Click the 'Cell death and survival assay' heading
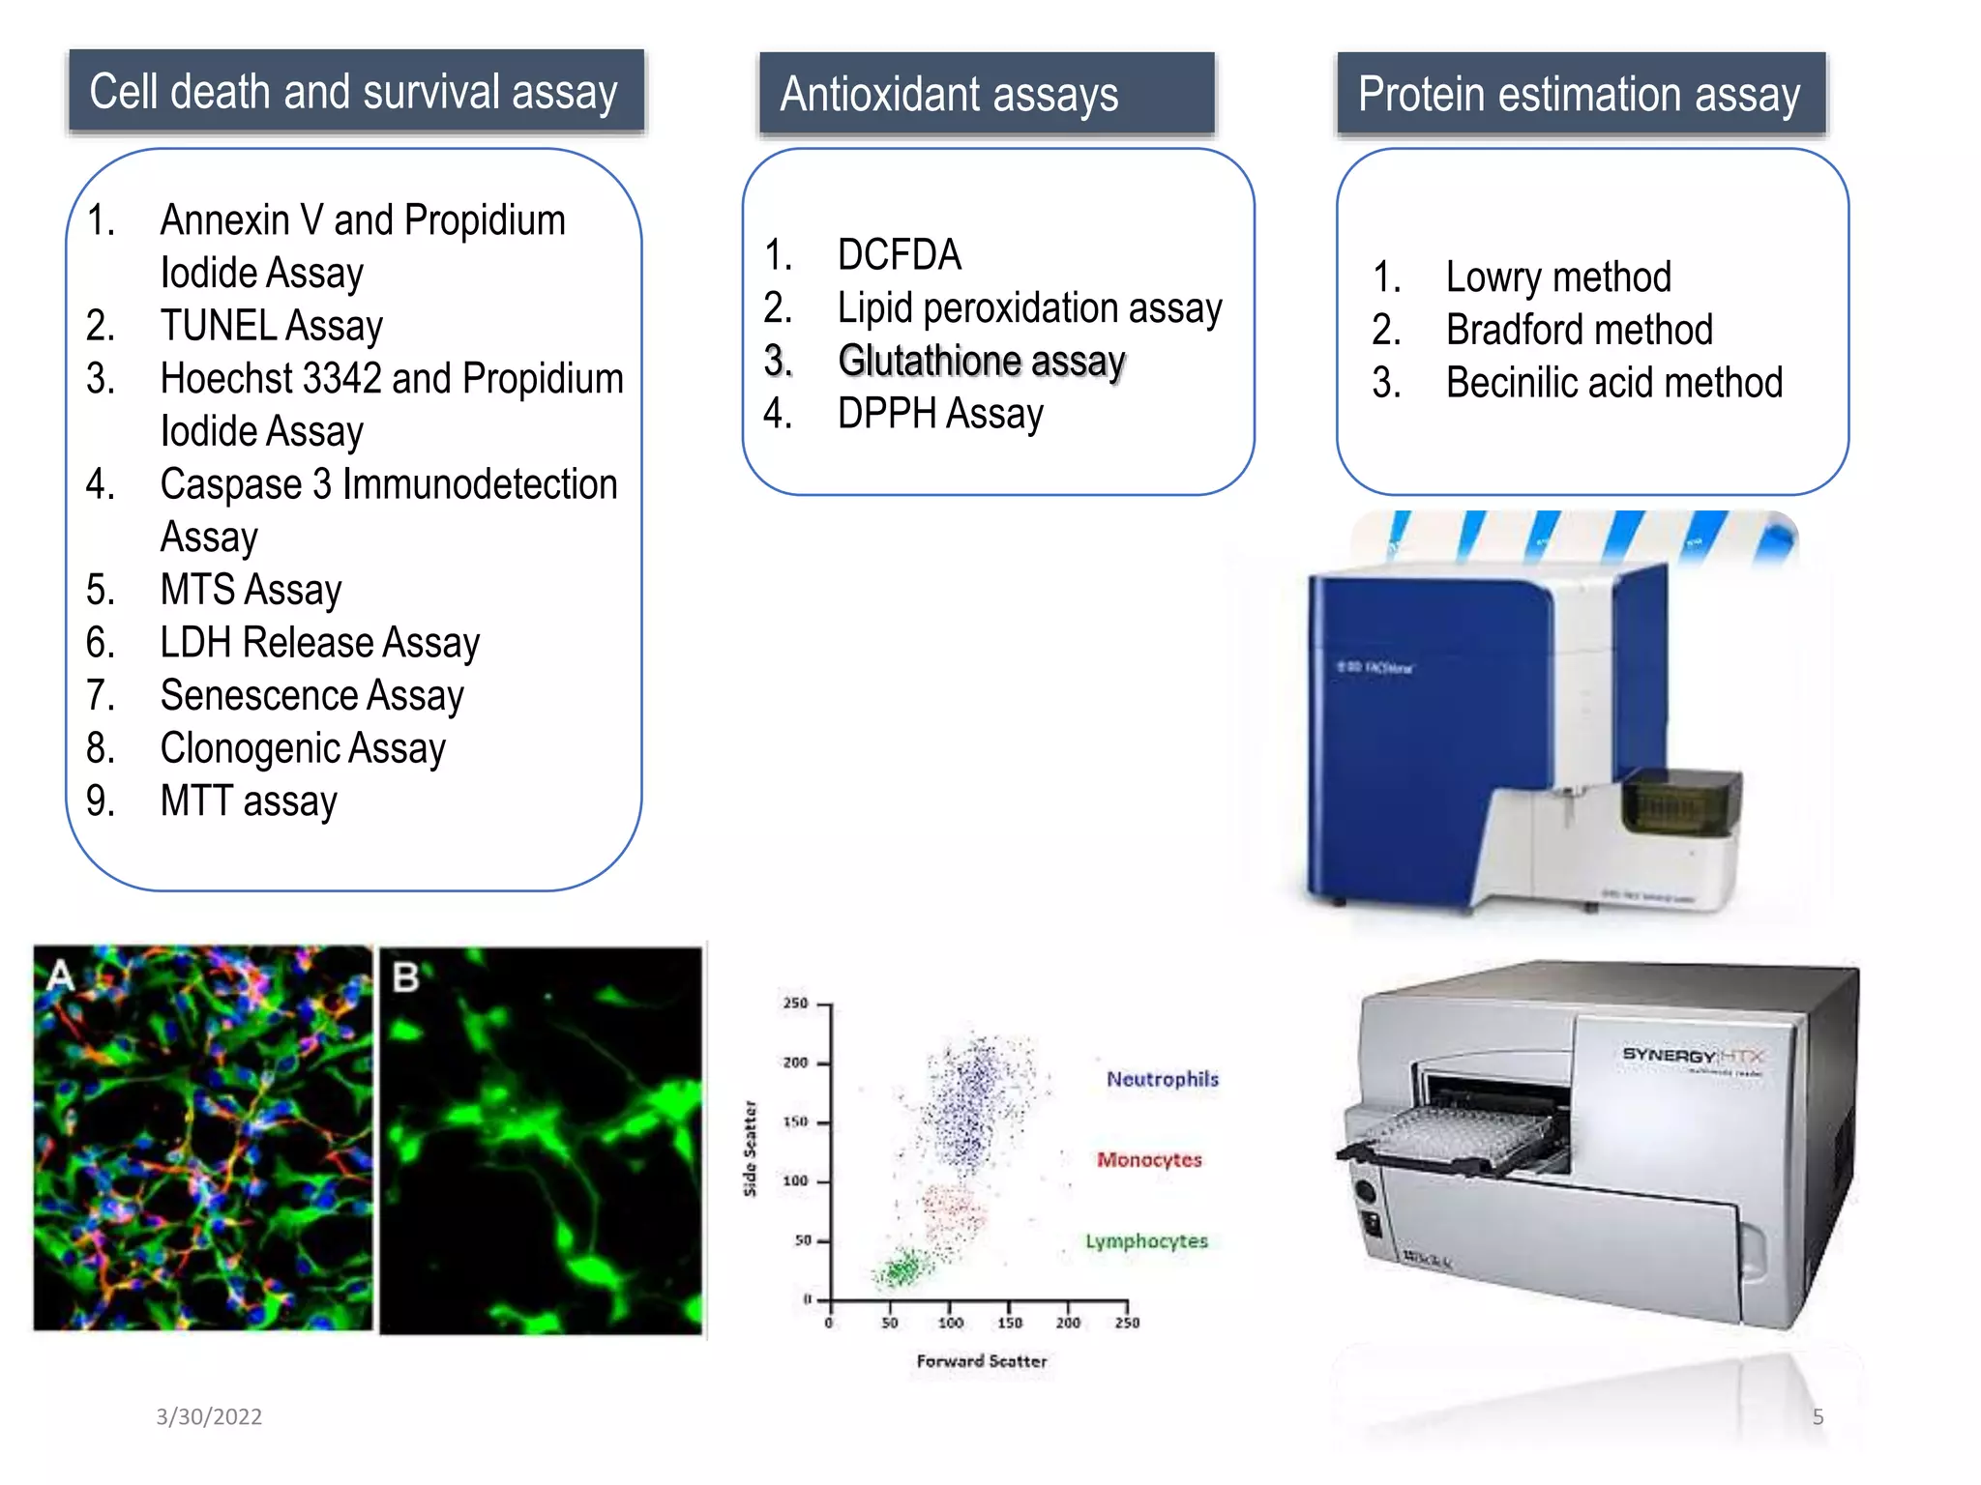click(x=354, y=92)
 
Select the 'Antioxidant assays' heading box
click(x=986, y=94)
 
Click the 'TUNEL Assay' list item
click(x=271, y=326)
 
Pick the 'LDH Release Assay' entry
click(x=319, y=643)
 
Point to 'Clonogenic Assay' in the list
click(x=302, y=748)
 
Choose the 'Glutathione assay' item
click(x=981, y=361)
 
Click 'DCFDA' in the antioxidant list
click(x=899, y=255)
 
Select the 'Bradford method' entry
click(x=1579, y=330)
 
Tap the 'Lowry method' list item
click(x=1557, y=277)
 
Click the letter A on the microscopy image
click(x=60, y=975)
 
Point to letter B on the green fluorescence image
click(x=405, y=977)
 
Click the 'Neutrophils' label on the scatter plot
click(x=1162, y=1079)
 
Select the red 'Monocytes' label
click(x=1148, y=1159)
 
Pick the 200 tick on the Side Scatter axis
click(x=795, y=1063)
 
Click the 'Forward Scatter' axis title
click(x=981, y=1361)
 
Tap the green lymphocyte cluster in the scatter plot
click(x=902, y=1267)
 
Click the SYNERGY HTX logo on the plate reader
click(x=1693, y=1055)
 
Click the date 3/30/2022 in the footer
click(x=209, y=1416)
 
